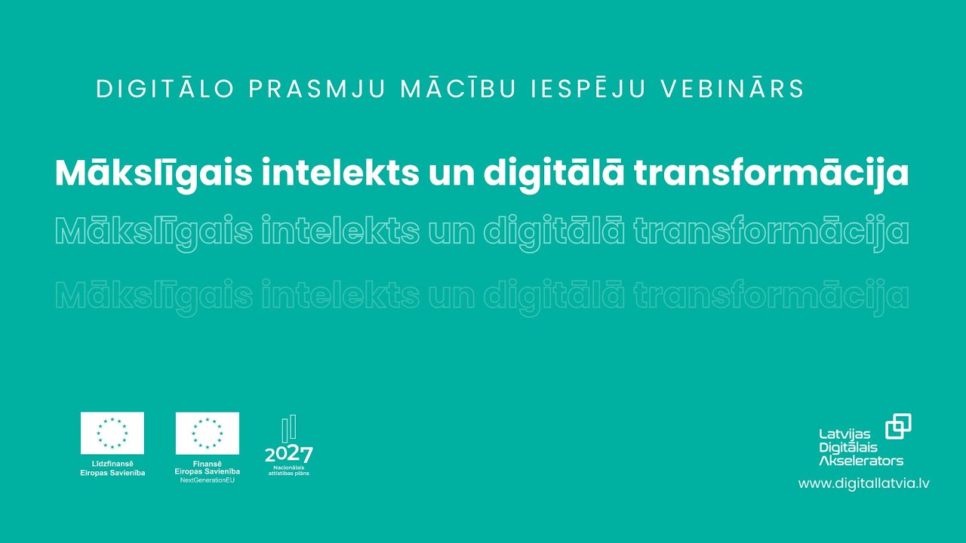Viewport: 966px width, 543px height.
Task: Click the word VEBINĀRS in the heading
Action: point(732,89)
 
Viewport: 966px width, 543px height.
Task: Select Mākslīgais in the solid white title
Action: point(153,174)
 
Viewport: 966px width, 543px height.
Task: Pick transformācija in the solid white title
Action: point(771,174)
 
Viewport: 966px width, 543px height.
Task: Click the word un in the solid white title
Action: point(451,174)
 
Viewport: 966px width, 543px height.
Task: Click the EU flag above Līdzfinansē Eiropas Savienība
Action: point(112,433)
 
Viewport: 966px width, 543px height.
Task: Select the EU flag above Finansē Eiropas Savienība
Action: point(208,433)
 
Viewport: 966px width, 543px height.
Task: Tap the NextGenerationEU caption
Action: point(208,480)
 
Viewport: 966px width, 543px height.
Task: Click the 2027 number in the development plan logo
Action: point(288,455)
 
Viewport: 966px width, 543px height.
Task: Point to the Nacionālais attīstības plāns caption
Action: point(288,471)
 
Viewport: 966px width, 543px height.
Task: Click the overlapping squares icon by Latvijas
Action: point(898,426)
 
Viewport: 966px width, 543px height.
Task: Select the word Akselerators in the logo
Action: point(860,460)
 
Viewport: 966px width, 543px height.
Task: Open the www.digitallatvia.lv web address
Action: point(863,483)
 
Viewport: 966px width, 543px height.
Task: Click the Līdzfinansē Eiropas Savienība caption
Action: point(112,468)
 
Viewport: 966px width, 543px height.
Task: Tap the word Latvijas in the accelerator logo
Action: point(844,434)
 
